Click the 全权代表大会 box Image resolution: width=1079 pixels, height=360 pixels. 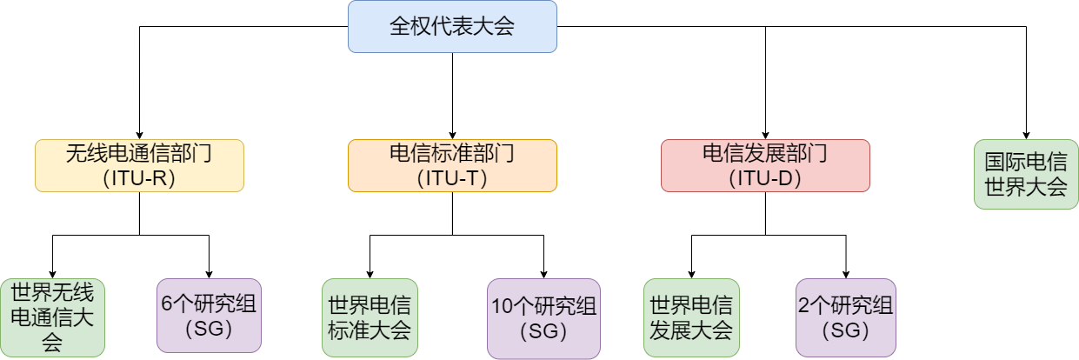click(452, 26)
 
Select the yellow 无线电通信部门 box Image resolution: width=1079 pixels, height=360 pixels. click(139, 165)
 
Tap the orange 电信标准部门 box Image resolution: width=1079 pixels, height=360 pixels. click(452, 165)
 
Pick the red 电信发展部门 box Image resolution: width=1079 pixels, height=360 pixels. click(765, 165)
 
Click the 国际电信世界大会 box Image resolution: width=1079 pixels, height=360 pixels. click(1026, 174)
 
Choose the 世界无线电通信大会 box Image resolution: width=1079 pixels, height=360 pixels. click(52, 317)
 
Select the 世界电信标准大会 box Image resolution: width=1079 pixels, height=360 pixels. click(370, 317)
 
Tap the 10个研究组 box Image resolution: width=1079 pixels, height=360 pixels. click(543, 317)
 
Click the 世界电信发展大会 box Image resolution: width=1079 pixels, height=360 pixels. click(691, 317)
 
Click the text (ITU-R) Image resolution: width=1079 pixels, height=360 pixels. click(139, 178)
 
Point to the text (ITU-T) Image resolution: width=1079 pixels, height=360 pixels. click(452, 178)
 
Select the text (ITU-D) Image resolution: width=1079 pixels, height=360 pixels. click(765, 178)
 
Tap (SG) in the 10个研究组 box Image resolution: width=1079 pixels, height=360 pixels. click(543, 331)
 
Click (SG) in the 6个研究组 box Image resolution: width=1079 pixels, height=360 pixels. click(209, 330)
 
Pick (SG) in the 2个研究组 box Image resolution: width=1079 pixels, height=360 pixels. click(845, 330)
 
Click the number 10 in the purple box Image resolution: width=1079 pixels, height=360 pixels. click(502, 307)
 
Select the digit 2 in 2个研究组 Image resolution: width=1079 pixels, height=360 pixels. click(803, 305)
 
